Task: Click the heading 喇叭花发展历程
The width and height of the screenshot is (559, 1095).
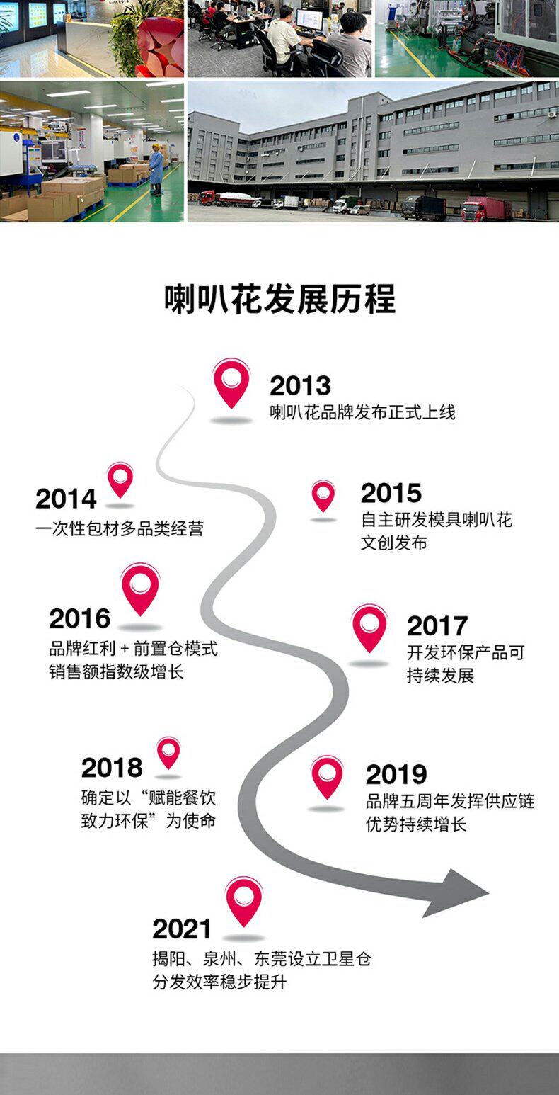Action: pos(279,300)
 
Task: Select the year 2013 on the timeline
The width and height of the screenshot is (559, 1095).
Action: pos(300,386)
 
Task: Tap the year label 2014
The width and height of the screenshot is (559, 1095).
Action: pos(66,499)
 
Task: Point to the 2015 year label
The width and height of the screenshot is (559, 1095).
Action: pos(391,493)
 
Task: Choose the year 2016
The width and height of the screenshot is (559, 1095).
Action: pos(80,618)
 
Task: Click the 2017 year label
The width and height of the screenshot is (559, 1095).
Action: pos(437,626)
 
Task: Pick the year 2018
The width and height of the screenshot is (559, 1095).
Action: pos(112,768)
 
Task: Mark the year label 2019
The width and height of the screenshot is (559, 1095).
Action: pos(396,775)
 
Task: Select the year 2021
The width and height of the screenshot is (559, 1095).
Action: pos(182,929)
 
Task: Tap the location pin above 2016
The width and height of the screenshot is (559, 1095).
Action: pos(140,588)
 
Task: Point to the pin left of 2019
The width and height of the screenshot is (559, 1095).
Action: pos(327,776)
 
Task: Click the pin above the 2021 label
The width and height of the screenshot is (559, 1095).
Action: pos(243,900)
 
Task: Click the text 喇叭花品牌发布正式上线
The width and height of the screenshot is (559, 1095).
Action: pos(362,412)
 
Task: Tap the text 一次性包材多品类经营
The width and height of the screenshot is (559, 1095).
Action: pos(120,529)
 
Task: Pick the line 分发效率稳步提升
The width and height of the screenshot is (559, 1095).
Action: pos(219,982)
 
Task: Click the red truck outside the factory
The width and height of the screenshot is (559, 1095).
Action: pos(486,209)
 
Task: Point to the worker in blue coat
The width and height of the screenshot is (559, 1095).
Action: pos(156,169)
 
